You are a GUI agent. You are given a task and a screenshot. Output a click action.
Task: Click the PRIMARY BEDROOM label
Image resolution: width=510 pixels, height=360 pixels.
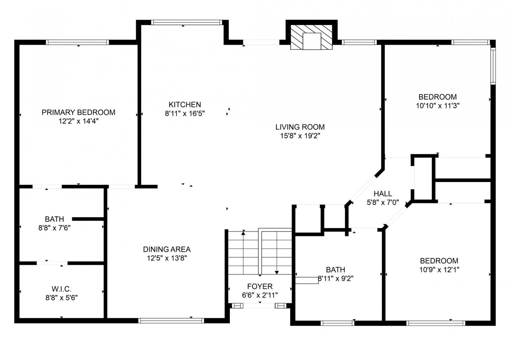(78, 112)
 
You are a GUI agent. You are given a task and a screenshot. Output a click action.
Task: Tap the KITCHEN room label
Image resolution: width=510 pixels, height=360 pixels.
(185, 104)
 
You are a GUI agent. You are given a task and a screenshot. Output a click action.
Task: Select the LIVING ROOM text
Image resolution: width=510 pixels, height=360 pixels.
(300, 127)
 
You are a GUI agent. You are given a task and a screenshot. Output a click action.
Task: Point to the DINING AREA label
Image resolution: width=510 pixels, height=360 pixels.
(167, 249)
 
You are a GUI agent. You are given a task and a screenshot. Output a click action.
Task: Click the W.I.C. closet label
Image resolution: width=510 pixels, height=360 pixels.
(62, 289)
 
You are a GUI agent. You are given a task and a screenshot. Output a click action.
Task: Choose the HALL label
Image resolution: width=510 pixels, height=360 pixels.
(383, 193)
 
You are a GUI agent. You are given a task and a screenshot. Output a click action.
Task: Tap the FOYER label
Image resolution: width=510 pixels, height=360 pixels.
(260, 286)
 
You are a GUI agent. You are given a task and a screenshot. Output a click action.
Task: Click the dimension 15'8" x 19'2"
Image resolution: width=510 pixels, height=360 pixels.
(300, 136)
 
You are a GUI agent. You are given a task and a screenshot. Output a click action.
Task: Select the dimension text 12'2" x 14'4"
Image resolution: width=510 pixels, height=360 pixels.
(78, 121)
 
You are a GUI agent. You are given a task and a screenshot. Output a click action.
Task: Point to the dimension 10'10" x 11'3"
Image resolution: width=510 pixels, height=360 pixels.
(438, 106)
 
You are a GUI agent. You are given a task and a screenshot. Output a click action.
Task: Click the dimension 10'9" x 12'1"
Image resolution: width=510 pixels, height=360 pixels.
(439, 270)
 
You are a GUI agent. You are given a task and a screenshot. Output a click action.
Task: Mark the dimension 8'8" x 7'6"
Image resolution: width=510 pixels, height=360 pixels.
(54, 228)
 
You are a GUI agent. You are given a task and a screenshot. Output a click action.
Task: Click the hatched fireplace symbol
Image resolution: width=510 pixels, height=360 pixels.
(311, 37)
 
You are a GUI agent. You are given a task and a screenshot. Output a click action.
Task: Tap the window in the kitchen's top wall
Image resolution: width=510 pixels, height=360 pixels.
(186, 22)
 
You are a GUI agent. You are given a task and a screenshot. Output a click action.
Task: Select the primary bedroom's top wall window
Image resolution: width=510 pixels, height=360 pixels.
(78, 42)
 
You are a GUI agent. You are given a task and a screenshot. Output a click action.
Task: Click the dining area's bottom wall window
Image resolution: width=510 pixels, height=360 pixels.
(171, 321)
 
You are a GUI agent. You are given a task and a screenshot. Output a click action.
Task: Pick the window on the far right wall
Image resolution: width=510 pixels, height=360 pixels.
(493, 66)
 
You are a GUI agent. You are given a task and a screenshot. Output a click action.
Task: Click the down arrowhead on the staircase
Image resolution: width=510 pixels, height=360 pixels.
(277, 273)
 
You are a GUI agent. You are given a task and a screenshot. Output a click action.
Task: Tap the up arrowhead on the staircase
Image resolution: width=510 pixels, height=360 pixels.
(243, 233)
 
